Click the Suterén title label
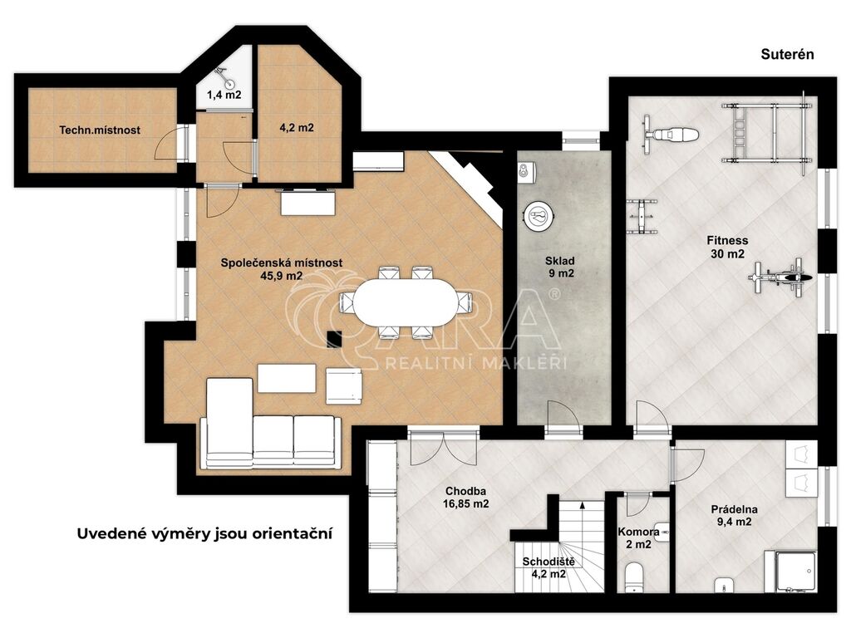click(x=787, y=54)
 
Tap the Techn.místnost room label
click(x=100, y=130)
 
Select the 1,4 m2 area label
click(x=224, y=95)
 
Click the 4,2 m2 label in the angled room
click(x=297, y=128)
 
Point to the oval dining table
click(x=406, y=302)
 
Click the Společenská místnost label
click(x=281, y=263)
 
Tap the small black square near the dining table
click(x=334, y=339)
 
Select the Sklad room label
click(x=560, y=261)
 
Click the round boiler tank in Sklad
click(x=539, y=216)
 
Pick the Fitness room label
click(x=727, y=240)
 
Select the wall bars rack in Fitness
click(x=767, y=133)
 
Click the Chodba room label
click(x=465, y=492)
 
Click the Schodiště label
click(x=548, y=562)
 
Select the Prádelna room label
click(x=735, y=510)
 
